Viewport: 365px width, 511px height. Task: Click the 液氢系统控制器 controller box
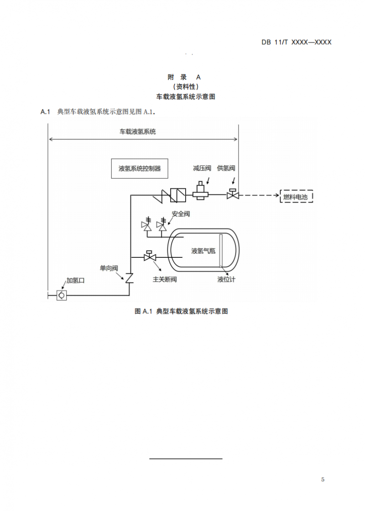click(140, 168)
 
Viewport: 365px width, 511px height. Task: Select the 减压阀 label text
click(202, 168)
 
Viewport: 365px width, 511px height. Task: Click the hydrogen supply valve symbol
click(233, 195)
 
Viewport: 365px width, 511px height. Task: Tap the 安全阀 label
click(181, 213)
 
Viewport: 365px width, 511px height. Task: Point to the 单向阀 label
click(109, 268)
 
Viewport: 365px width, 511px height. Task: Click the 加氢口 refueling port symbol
click(61, 295)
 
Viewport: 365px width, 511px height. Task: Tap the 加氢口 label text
click(75, 281)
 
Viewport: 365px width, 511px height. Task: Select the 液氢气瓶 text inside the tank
click(203, 251)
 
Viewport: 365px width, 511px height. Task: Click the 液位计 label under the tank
click(226, 279)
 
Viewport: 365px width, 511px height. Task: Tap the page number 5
click(323, 479)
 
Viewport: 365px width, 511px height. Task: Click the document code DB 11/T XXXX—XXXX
click(296, 42)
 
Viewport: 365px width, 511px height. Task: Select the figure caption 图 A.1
click(181, 311)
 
